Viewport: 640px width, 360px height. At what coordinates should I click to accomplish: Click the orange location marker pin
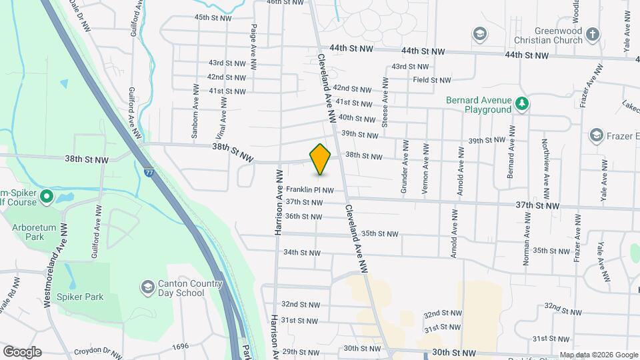[320, 159]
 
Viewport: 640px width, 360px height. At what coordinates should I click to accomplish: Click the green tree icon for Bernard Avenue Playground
[523, 104]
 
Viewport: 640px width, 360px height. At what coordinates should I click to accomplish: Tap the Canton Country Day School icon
[147, 287]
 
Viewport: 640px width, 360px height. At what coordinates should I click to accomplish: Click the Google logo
[22, 352]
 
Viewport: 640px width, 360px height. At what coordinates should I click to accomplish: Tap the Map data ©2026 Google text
[599, 355]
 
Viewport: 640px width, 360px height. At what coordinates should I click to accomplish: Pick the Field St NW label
[432, 80]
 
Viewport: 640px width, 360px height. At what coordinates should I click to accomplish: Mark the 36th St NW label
[303, 216]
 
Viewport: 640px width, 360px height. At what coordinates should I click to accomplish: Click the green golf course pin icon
[47, 197]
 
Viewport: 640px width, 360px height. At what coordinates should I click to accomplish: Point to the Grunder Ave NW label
[404, 170]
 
